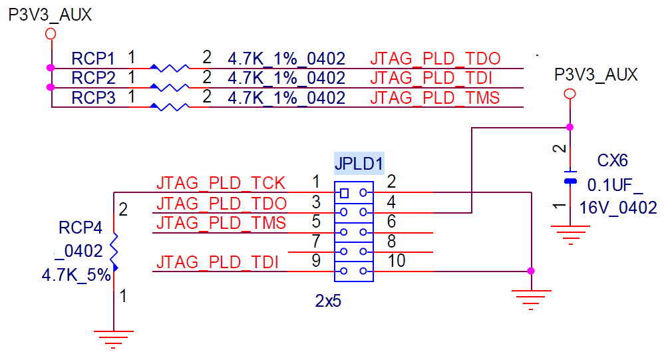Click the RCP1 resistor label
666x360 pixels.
point(94,58)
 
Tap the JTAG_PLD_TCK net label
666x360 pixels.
point(220,183)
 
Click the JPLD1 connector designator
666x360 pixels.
point(359,163)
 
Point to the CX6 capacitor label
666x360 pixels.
point(612,161)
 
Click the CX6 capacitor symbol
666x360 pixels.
point(570,180)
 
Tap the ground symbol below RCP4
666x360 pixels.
point(114,338)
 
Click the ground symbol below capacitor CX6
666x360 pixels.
point(570,233)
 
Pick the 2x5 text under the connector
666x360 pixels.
point(328,301)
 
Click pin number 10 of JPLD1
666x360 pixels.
point(397,261)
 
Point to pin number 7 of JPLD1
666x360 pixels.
point(316,241)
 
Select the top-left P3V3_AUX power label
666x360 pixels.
point(50,15)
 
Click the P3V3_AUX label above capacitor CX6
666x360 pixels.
point(596,75)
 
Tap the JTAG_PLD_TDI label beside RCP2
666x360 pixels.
point(430,79)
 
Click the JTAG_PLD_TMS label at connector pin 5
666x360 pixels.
point(220,222)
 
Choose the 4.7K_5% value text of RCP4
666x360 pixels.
point(76,274)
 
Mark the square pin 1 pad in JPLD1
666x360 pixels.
point(343,193)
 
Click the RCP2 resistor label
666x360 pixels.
point(94,78)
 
